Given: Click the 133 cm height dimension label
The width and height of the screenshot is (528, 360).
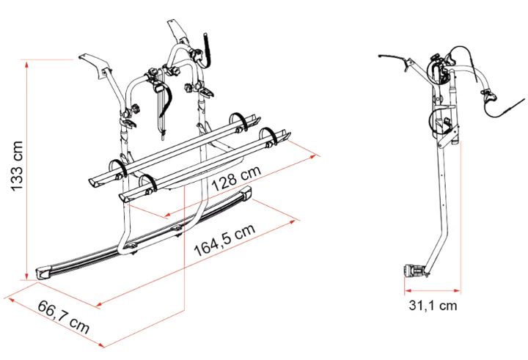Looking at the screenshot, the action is tap(17, 166).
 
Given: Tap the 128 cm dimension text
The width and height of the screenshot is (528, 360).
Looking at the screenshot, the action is tap(237, 177).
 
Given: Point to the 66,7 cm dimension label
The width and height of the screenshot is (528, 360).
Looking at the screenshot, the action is tap(63, 317).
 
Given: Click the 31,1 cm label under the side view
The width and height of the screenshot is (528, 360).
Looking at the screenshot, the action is tap(433, 305).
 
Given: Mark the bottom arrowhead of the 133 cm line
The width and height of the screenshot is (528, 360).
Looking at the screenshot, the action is tap(26, 276).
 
